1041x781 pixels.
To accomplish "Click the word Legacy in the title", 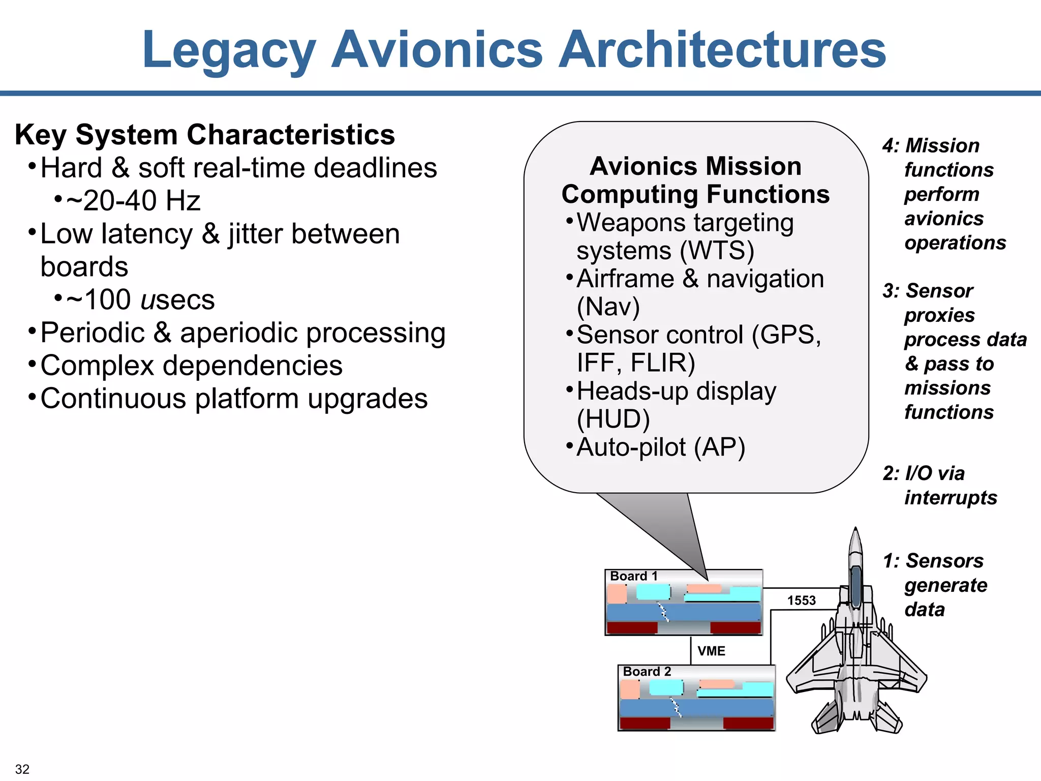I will click(229, 51).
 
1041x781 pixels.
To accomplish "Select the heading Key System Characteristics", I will click(205, 135).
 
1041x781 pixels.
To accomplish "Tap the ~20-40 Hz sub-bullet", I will click(133, 200).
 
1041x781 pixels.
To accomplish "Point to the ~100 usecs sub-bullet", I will click(141, 299).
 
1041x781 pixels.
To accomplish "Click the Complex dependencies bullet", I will click(191, 366).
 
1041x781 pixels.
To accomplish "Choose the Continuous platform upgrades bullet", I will click(234, 399).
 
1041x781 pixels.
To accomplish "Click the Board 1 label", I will click(634, 576).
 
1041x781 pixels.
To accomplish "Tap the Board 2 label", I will click(647, 672).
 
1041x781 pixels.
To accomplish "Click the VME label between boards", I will click(711, 651).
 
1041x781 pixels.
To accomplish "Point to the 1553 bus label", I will click(802, 600).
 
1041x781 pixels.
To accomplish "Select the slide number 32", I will click(22, 769).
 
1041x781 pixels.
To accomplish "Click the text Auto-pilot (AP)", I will click(661, 447).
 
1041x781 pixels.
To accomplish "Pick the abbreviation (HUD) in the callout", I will click(614, 419).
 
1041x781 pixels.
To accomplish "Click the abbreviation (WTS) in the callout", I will click(717, 251).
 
